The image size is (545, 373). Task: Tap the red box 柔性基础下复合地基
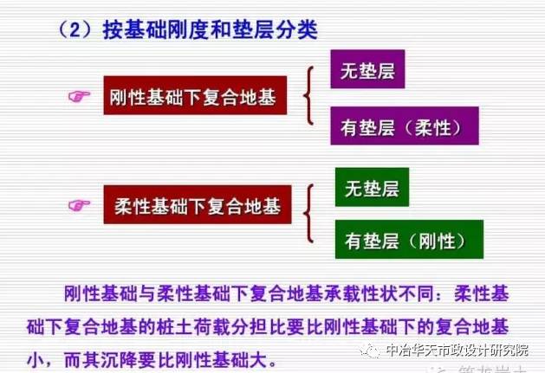[198, 206]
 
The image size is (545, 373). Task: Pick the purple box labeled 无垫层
[368, 72]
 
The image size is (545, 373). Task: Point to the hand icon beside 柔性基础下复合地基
[81, 205]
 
